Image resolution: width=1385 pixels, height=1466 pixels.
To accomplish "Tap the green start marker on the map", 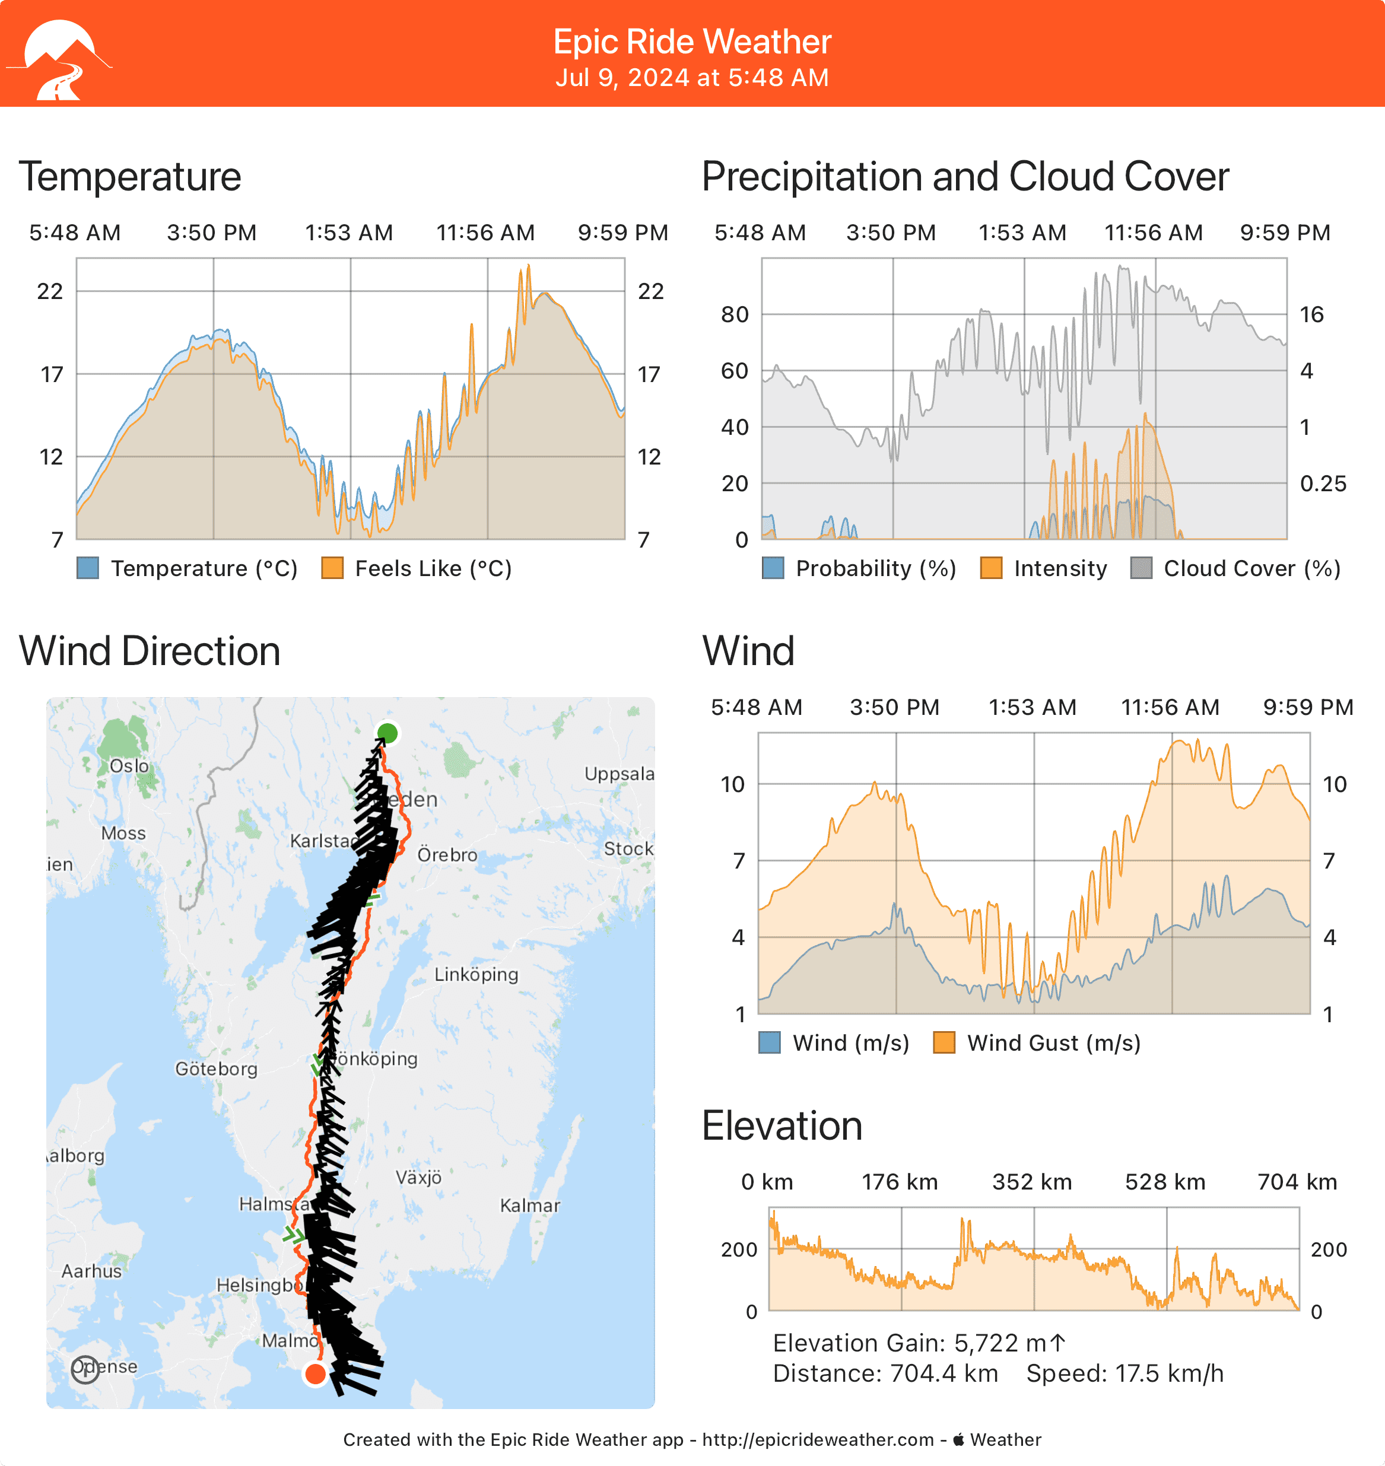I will click(387, 733).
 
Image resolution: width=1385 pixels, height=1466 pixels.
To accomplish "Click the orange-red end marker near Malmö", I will click(315, 1373).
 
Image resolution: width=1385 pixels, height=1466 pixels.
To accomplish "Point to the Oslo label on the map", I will click(129, 766).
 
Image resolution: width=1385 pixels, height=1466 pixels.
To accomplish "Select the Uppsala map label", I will click(619, 774).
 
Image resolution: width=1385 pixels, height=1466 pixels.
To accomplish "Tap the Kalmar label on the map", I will click(529, 1206).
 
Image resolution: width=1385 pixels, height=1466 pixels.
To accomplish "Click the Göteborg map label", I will click(215, 1069).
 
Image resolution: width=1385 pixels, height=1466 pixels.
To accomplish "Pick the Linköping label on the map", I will click(476, 974).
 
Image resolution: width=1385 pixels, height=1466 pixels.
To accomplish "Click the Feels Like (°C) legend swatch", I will click(332, 568).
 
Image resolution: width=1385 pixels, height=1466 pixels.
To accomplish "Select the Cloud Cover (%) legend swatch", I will click(1141, 568).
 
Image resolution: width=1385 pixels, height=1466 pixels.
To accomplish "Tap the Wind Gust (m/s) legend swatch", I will click(944, 1043).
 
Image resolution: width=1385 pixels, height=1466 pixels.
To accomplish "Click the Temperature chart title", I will click(130, 177).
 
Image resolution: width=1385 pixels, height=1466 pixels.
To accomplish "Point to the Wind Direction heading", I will click(149, 651).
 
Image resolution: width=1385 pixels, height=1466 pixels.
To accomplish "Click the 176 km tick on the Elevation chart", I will click(900, 1182).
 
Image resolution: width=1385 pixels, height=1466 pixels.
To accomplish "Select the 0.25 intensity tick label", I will click(1322, 484).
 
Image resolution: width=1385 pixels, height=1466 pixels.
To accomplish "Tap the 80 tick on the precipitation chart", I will click(735, 314).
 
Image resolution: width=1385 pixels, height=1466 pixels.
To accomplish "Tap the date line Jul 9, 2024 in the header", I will click(692, 78).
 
